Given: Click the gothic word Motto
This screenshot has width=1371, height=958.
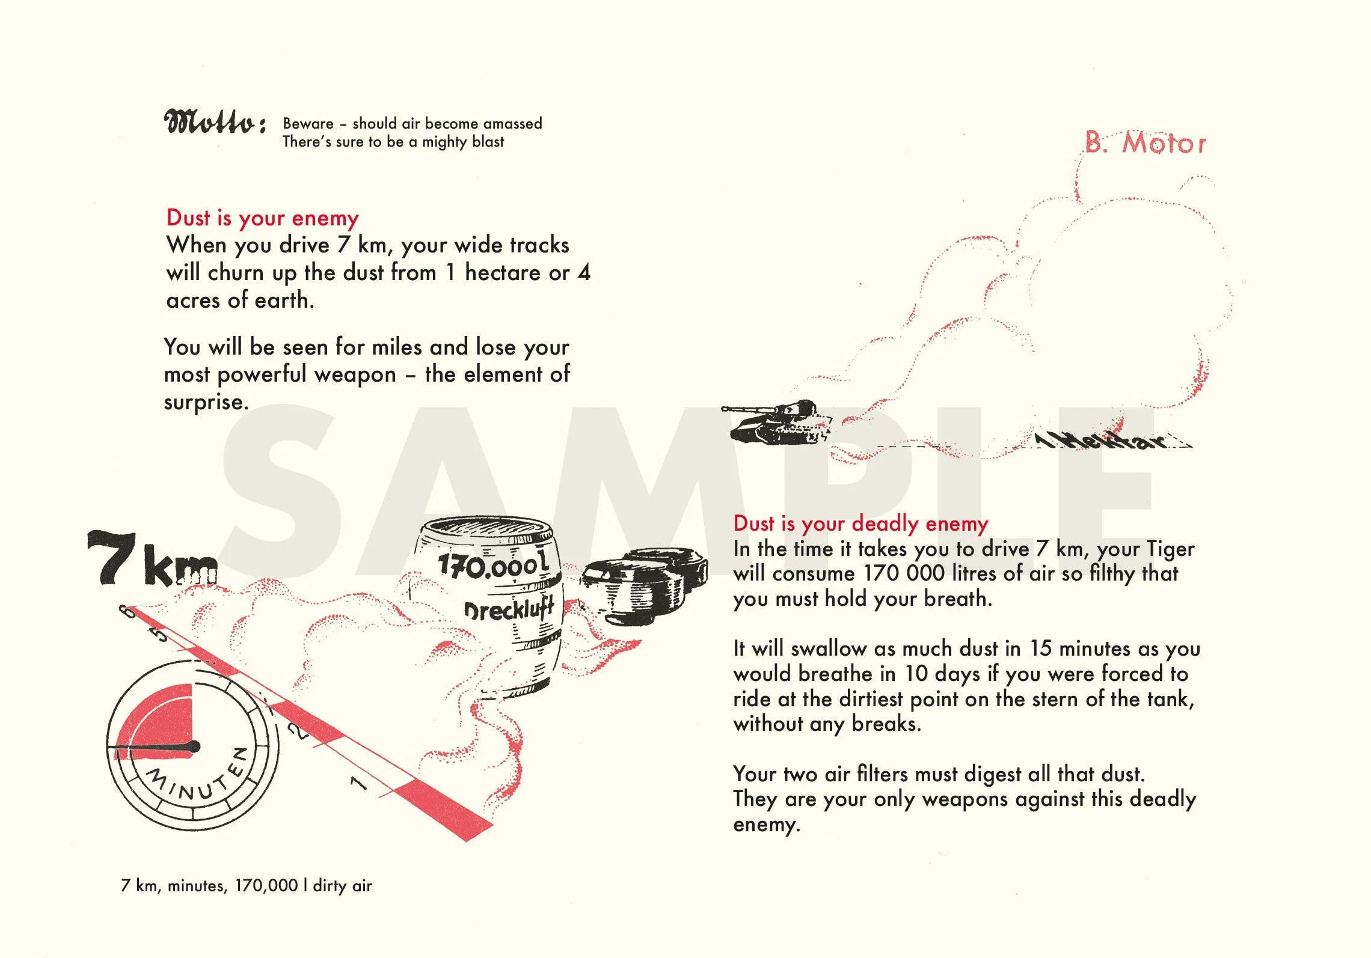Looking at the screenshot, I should coord(214,123).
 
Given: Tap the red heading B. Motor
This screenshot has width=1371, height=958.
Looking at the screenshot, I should coord(1145,144).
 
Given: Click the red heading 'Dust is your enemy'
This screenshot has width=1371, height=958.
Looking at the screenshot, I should coord(262,218).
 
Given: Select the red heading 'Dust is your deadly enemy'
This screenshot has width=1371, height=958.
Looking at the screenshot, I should coord(860,523).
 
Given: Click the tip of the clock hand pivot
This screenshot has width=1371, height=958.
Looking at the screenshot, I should coord(194,747).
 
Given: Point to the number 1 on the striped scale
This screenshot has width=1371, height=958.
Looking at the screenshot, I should coord(358,782).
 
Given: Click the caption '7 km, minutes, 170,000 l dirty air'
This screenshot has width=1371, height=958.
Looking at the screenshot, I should coord(247,885).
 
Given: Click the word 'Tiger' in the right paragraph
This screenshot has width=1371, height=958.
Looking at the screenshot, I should coord(1170,549).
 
